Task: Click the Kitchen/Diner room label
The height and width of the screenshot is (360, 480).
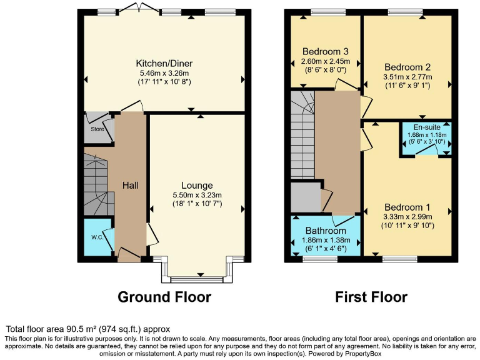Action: pos(164,63)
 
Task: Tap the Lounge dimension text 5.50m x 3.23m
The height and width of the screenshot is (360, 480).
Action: pos(197,195)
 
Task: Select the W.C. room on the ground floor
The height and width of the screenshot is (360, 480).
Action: pos(97,237)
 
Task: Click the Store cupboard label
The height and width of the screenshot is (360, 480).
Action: pos(96,130)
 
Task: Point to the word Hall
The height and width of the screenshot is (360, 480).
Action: pos(130,185)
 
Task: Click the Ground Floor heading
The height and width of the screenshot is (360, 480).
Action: pos(164,297)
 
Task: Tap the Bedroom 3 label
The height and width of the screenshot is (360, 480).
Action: pos(325,51)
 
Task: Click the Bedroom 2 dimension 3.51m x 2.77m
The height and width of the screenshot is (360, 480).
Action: pos(407,77)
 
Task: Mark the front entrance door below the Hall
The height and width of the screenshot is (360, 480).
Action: pos(129,255)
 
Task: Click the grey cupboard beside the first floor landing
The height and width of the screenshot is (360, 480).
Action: pos(305,197)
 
